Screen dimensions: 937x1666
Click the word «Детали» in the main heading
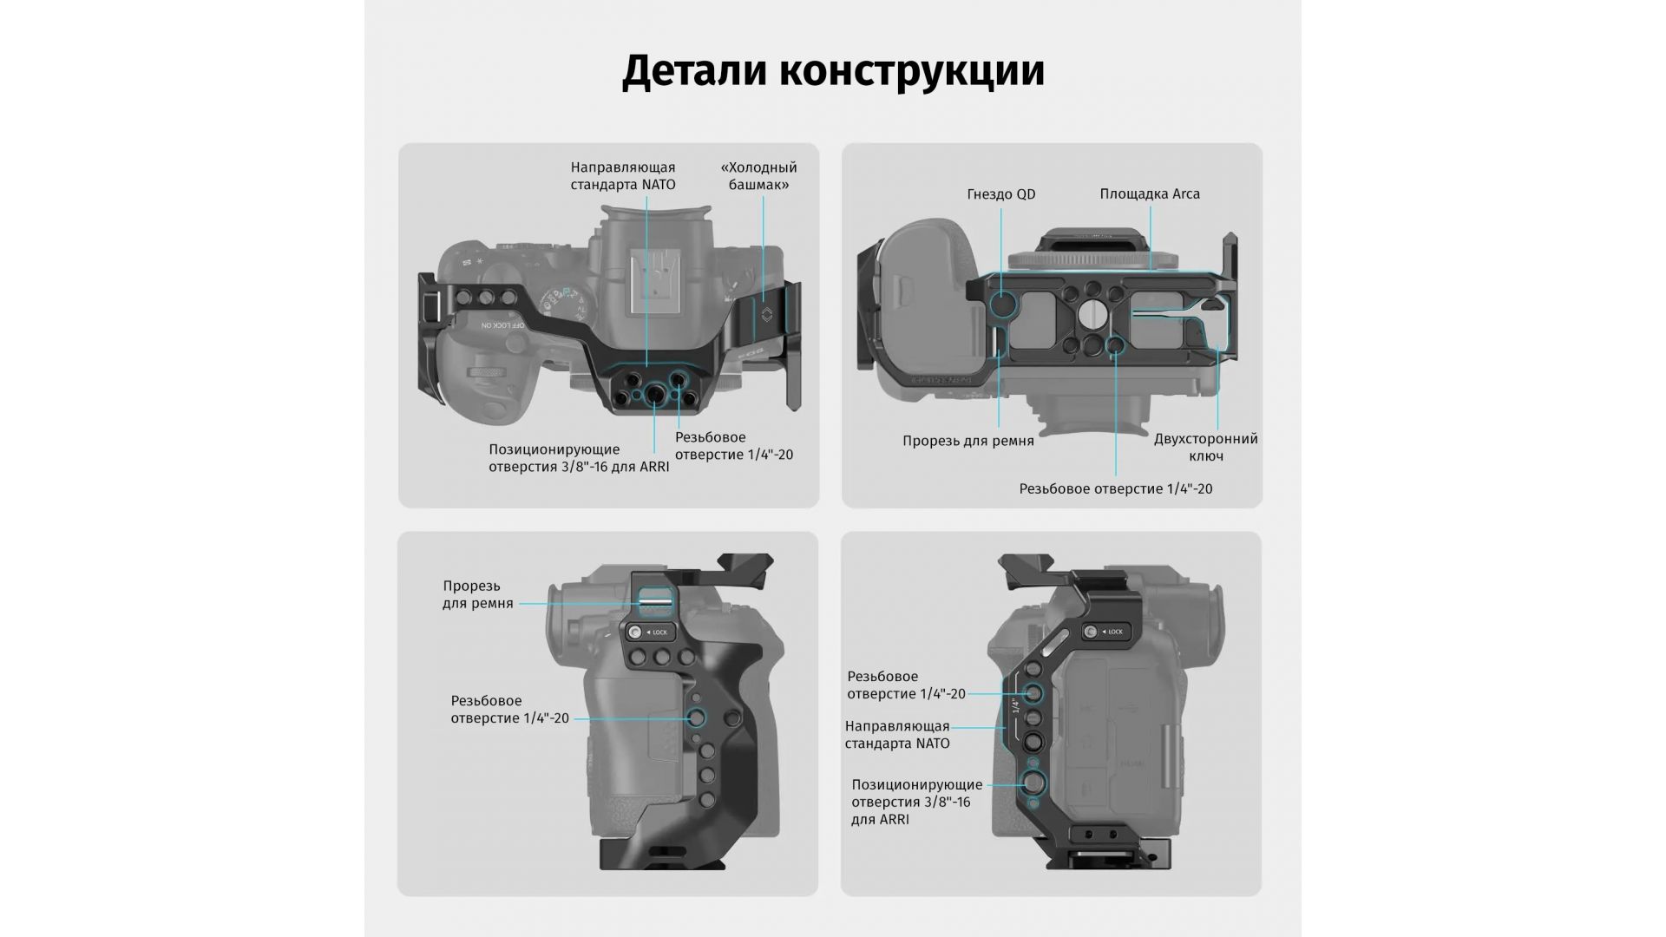693,71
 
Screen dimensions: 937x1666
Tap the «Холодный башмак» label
758,176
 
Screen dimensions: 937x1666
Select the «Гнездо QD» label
1001,194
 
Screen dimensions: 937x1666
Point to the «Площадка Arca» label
1150,194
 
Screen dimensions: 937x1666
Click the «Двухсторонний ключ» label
1205,448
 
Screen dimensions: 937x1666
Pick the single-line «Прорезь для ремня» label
967,441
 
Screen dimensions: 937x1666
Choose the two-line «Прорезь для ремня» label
477,594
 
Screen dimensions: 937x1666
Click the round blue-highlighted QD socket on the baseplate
1003,305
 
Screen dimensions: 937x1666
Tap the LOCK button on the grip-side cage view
649,632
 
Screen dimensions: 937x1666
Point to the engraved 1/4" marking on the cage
1015,705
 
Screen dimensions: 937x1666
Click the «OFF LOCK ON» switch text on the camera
502,324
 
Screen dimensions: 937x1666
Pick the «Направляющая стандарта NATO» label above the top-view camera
622,176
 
